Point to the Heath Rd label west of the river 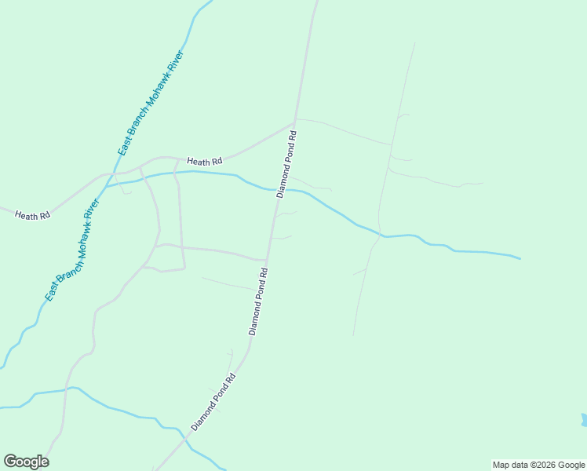[x=32, y=214]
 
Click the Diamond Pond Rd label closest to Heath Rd [x=288, y=164]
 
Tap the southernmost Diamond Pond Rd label [x=213, y=401]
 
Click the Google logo [x=26, y=462]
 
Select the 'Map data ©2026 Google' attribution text [x=538, y=465]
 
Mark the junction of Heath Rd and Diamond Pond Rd [x=293, y=123]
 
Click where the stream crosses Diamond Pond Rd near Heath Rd [x=279, y=189]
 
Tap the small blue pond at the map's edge [x=584, y=420]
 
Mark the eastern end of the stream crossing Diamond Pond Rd [x=520, y=257]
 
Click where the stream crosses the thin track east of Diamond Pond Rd [x=382, y=235]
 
